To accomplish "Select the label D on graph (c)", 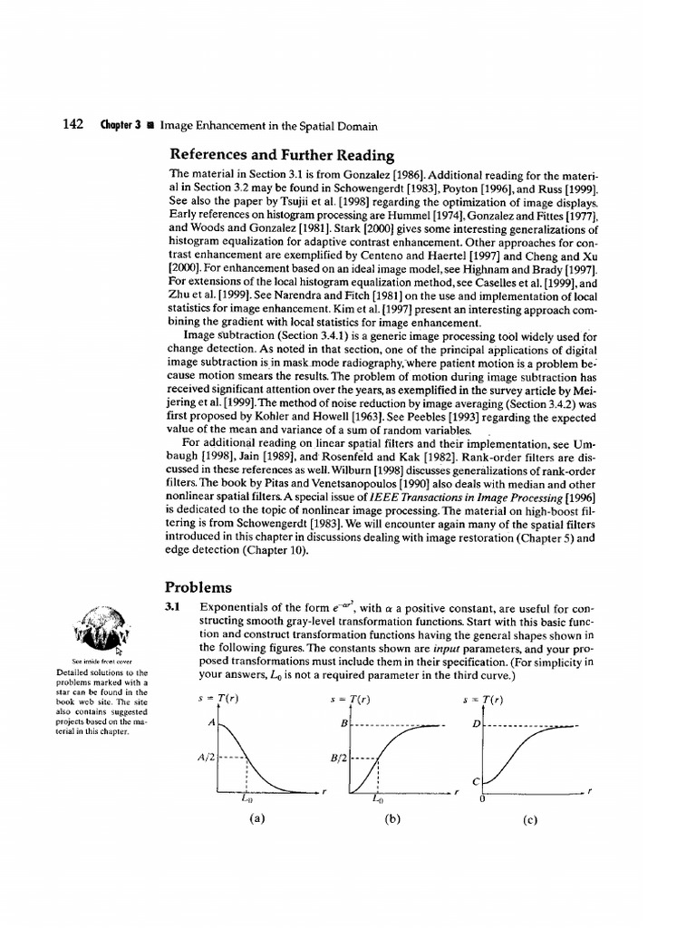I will (476, 725).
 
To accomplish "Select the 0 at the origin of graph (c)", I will (482, 800).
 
